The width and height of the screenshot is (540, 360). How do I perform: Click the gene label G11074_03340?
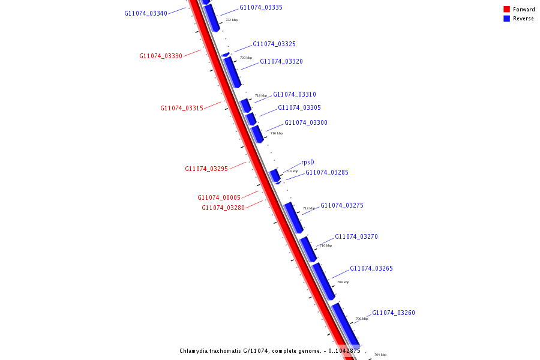click(x=146, y=13)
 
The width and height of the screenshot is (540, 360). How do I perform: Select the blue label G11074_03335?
click(x=261, y=7)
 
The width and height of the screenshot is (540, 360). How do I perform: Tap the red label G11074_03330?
click(x=161, y=56)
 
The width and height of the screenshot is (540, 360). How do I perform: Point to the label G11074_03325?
click(x=274, y=44)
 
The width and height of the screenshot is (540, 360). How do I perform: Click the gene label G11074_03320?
click(x=281, y=61)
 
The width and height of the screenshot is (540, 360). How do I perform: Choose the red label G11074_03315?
click(x=182, y=108)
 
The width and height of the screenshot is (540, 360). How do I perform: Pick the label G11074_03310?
click(x=295, y=94)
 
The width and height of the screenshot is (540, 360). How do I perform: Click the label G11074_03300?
click(x=306, y=122)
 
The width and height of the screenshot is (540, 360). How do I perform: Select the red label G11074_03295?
click(x=206, y=169)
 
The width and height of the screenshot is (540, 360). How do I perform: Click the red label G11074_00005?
click(x=219, y=197)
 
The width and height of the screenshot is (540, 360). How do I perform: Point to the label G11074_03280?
click(x=223, y=208)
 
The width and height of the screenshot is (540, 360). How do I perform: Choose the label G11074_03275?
click(x=342, y=205)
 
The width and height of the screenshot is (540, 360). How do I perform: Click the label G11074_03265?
click(x=371, y=268)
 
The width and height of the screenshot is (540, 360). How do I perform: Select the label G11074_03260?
click(x=394, y=313)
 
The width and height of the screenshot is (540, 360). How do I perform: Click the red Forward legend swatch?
click(x=506, y=9)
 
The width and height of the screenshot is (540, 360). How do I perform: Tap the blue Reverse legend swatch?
click(x=506, y=19)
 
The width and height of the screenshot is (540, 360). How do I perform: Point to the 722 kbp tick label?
click(x=232, y=20)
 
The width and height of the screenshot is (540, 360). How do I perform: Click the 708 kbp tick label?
click(x=343, y=282)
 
